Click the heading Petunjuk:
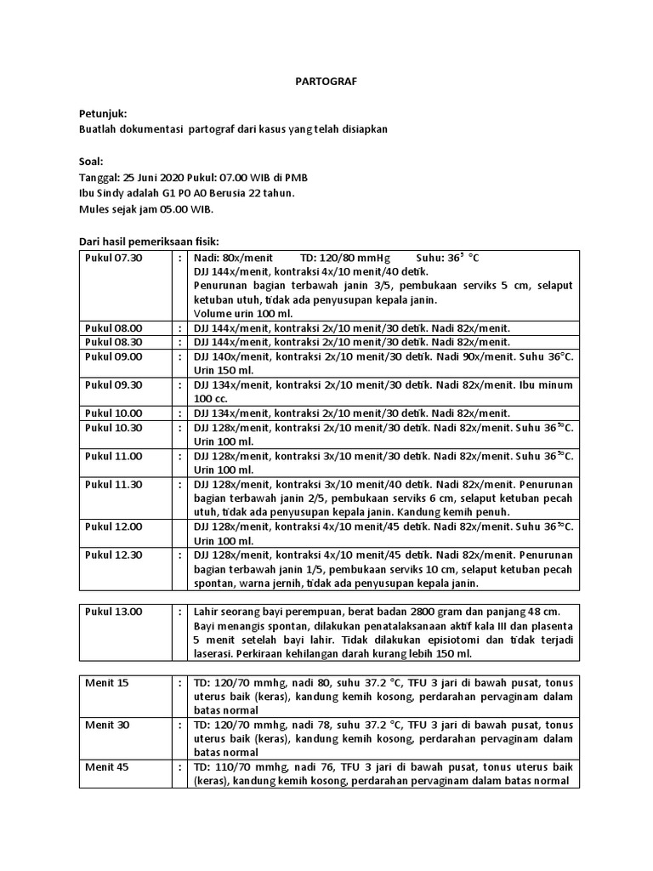tap(103, 113)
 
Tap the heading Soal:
tap(91, 161)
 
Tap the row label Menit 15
tap(107, 682)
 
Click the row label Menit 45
tap(107, 766)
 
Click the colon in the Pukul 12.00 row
tap(180, 527)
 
